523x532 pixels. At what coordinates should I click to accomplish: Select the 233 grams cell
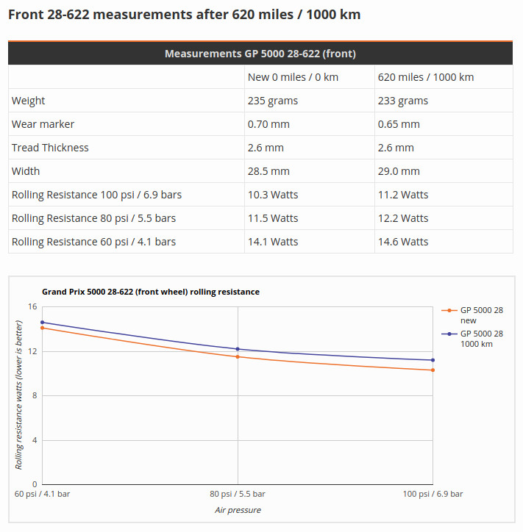coord(402,101)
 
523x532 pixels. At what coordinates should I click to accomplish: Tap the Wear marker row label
coord(43,124)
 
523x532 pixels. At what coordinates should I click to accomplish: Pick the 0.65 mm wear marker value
coord(399,124)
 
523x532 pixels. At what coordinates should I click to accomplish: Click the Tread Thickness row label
coord(50,148)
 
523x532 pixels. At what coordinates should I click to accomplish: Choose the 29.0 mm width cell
coord(399,171)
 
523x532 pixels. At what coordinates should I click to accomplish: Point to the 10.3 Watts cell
coord(273,195)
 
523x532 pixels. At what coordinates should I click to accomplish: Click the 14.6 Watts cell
coord(403,242)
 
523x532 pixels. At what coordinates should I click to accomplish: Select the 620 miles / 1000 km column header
coord(425,77)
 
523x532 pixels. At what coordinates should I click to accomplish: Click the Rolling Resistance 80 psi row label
coord(93,218)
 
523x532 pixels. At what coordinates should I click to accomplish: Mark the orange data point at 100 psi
coord(433,370)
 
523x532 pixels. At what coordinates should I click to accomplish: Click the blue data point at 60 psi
coord(42,322)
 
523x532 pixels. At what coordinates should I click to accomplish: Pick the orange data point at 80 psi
coord(238,356)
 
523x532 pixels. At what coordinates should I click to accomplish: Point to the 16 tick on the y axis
coord(32,306)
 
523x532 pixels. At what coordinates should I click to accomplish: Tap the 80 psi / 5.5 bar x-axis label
coord(238,494)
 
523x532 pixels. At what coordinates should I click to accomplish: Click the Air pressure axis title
coord(238,510)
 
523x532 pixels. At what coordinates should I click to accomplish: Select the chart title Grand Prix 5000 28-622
coord(150,292)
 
